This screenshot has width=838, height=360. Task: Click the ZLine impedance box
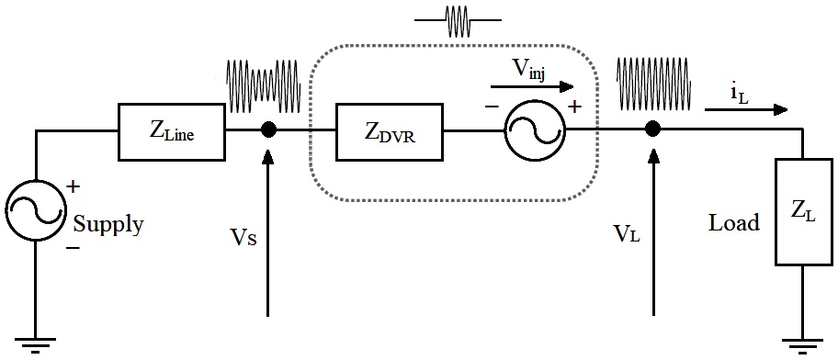point(172,130)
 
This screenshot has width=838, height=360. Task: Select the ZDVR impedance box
point(390,130)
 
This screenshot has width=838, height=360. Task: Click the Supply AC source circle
point(35,212)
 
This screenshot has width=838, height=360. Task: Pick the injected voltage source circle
point(534,130)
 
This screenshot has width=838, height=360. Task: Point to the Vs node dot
point(268,129)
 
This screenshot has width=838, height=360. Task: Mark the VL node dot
point(652,129)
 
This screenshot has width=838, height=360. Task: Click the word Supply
point(108,225)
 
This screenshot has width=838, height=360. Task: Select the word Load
point(733,223)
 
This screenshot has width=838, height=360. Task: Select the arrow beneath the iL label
point(746,110)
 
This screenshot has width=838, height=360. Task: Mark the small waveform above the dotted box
point(459,20)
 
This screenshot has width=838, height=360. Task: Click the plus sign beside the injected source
point(576,107)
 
